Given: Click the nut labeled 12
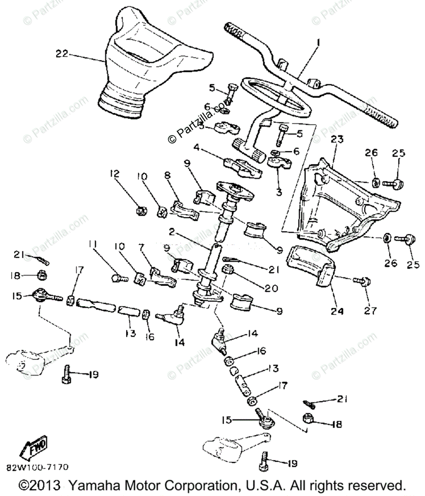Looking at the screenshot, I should point(141,211).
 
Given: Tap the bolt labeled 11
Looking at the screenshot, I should point(116,279).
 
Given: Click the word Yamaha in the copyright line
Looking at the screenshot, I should point(92,484).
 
